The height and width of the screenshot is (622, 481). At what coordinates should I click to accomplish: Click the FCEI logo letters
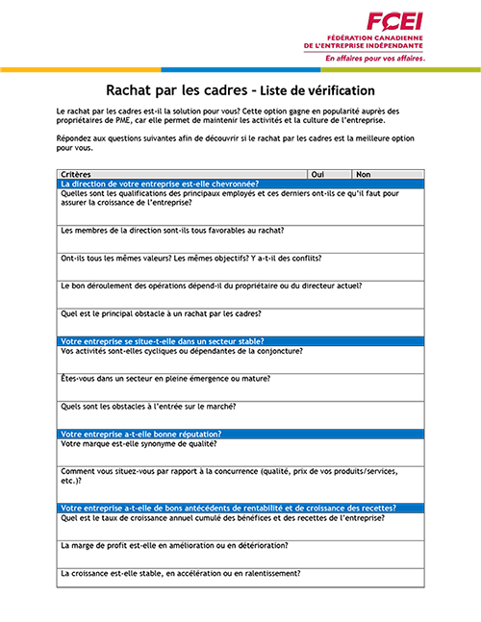pos(395,21)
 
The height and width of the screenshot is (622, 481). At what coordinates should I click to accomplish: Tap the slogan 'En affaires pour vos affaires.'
pos(374,57)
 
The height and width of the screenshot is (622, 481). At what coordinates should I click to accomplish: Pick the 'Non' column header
pos(363,174)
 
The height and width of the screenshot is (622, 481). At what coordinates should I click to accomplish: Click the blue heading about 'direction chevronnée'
pos(159,184)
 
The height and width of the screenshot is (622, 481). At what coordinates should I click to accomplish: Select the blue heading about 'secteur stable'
pos(163,340)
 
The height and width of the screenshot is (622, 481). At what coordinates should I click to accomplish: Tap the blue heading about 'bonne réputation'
pos(140,434)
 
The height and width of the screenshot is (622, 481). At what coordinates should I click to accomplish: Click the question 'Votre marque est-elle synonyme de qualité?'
pos(138,443)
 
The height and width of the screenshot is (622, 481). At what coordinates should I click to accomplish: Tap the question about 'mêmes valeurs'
pos(190,258)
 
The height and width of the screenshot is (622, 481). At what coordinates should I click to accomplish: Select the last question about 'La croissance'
pos(180,573)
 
